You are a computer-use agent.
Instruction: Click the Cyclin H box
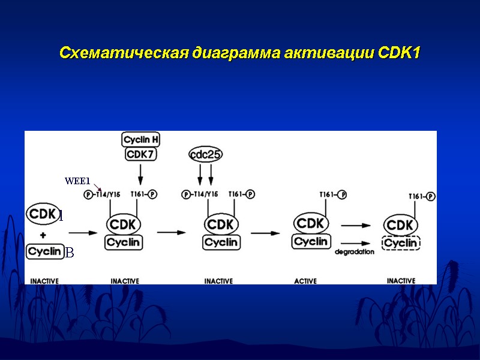(141, 140)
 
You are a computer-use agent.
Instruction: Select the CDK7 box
(141, 154)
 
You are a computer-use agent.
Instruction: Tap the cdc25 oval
(205, 154)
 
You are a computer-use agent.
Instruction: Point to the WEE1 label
(77, 181)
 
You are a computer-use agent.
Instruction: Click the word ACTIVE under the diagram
(305, 281)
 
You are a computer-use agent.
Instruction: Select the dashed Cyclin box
(401, 243)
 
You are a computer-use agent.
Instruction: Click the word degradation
(354, 252)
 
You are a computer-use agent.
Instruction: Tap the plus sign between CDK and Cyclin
(43, 235)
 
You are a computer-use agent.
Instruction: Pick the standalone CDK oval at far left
(42, 214)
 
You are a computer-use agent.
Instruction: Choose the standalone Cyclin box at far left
(45, 251)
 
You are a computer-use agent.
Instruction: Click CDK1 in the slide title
(400, 53)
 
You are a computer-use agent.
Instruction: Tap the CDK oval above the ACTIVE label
(311, 223)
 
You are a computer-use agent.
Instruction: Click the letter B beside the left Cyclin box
(69, 254)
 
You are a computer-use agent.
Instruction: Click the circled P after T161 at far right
(431, 196)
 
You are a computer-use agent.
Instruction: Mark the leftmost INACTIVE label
(44, 281)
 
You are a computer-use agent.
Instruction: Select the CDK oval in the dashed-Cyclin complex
(401, 225)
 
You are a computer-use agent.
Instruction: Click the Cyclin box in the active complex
(311, 241)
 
